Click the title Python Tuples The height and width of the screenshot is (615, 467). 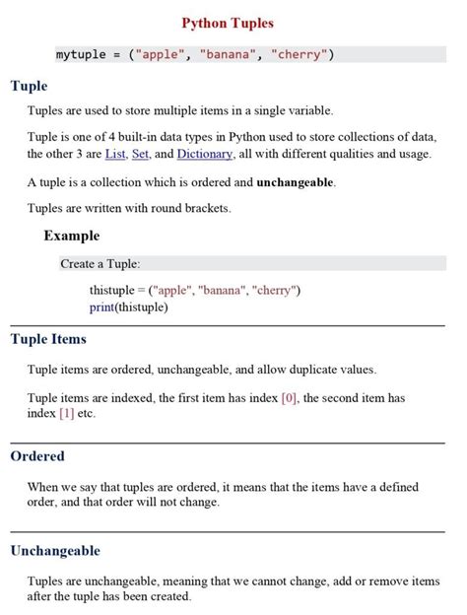tap(228, 23)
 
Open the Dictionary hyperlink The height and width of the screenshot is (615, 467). tap(205, 155)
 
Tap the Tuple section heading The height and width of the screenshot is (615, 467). tap(29, 86)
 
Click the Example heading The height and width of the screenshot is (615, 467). tap(71, 237)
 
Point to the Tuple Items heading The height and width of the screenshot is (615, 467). tap(48, 339)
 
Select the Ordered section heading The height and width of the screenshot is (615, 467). tap(37, 456)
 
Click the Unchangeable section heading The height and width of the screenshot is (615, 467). tap(55, 551)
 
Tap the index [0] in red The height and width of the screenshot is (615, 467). tap(289, 398)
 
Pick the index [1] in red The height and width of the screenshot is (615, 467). tap(66, 414)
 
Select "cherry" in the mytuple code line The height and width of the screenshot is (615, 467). tap(298, 54)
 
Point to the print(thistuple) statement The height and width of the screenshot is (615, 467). tap(128, 307)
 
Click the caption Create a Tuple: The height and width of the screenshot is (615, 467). tap(100, 264)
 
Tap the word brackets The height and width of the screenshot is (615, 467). tap(204, 208)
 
